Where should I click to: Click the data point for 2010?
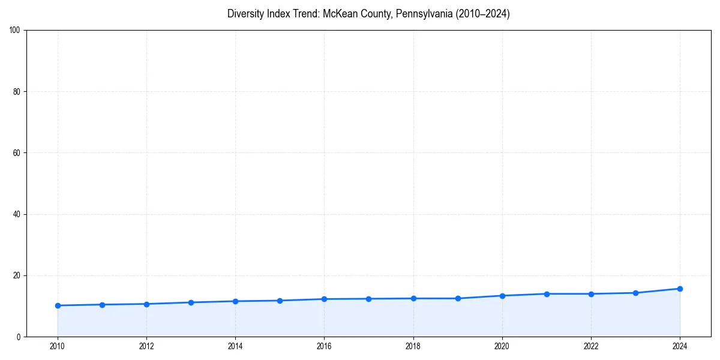(58, 305)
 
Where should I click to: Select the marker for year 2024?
(680, 289)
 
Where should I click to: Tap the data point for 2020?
(502, 295)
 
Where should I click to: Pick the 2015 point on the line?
(280, 301)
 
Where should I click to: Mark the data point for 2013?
(191, 302)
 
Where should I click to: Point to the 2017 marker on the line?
(368, 299)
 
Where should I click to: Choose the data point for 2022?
(591, 293)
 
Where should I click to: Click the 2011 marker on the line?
(102, 305)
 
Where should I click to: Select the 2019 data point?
(458, 298)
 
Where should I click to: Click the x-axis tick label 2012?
(146, 346)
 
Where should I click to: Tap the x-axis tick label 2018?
(413, 346)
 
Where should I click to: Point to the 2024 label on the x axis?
(680, 346)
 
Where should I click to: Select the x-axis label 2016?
(324, 346)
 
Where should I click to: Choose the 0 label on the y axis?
(19, 337)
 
